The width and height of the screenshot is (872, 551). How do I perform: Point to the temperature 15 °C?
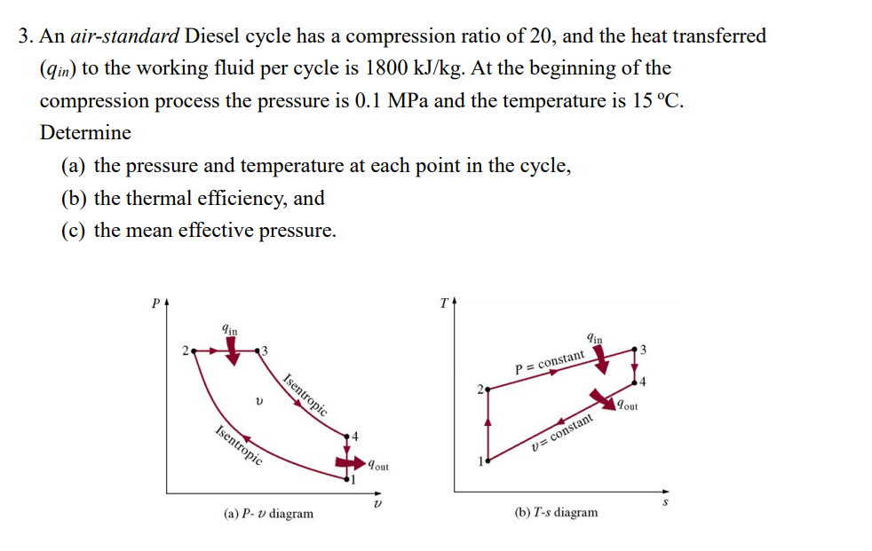[x=658, y=100]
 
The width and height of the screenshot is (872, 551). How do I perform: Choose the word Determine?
[x=85, y=133]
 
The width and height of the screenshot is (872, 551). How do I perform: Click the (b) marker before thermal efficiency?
[x=75, y=198]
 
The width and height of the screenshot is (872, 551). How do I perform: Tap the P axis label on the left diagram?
[x=155, y=303]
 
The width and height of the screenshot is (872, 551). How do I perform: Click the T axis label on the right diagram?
[x=443, y=303]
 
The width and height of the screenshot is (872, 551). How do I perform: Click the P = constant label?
[x=550, y=363]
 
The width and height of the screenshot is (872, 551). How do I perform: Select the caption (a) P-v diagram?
[x=269, y=513]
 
